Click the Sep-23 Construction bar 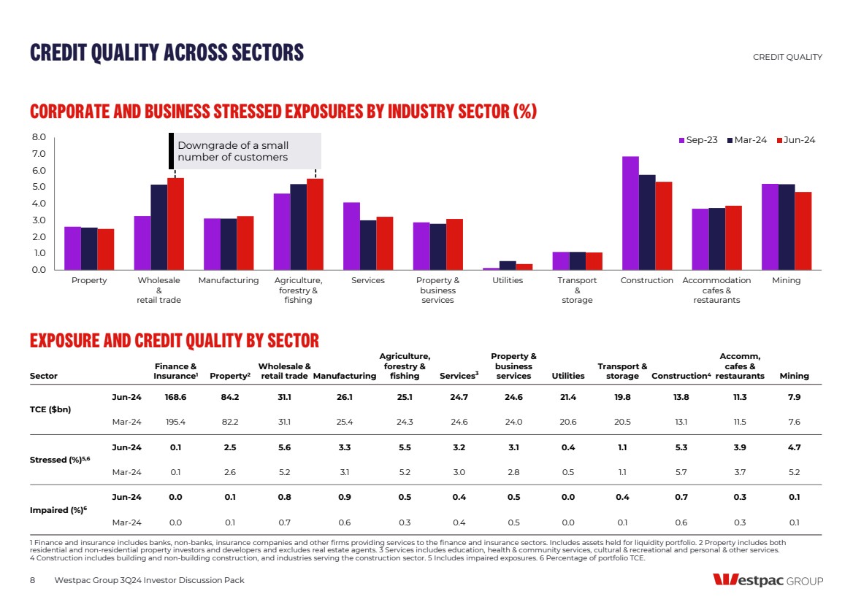630,213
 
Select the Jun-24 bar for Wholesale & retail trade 175,223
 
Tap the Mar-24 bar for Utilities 508,266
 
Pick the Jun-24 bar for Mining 803,231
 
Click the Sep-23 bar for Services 351,236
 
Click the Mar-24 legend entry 747,140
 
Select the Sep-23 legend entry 698,140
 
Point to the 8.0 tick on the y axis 39,137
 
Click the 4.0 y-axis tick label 39,204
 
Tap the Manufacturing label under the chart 229,281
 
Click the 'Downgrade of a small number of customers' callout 245,151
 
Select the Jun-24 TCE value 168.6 175,397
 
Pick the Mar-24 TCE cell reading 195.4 175,422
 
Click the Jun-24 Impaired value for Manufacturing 344,497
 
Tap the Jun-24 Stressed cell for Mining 794,447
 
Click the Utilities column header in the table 568,377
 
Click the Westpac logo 768,581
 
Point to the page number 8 33,580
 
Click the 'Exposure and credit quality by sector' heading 175,341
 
